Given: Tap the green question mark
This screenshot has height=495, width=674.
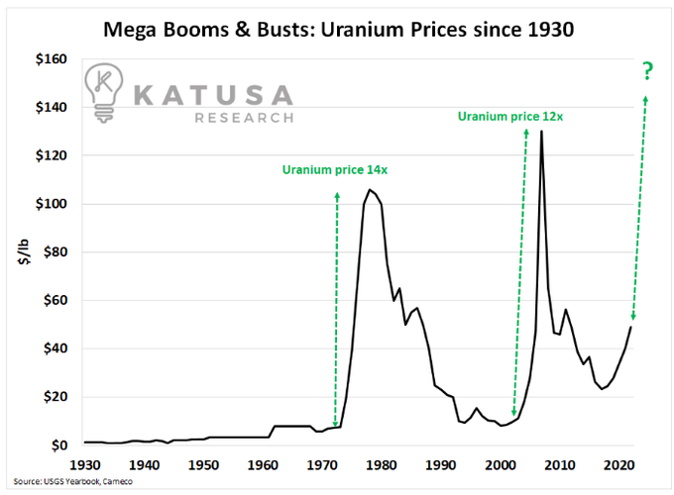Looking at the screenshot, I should pyautogui.click(x=648, y=70).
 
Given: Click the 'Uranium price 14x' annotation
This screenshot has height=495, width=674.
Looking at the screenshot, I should pyautogui.click(x=334, y=170).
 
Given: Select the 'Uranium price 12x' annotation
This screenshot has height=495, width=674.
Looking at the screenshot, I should pyautogui.click(x=509, y=117).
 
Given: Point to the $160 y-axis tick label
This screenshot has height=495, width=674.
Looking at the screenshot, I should pyautogui.click(x=49, y=60).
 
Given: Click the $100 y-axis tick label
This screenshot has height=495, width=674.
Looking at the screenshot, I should pyautogui.click(x=49, y=205).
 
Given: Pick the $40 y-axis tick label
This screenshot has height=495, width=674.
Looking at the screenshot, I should pyautogui.click(x=52, y=348).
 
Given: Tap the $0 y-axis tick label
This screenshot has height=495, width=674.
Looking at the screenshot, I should pyautogui.click(x=56, y=445).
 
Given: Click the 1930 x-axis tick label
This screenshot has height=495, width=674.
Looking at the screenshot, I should pyautogui.click(x=86, y=463).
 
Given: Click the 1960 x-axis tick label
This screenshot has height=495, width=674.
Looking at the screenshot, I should pyautogui.click(x=264, y=463).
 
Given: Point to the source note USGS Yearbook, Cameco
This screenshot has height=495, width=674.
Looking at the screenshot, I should pyautogui.click(x=73, y=482).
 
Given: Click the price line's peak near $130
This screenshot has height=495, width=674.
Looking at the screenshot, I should pyautogui.click(x=541, y=132).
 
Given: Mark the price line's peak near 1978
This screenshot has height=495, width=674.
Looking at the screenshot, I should pyautogui.click(x=370, y=190).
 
